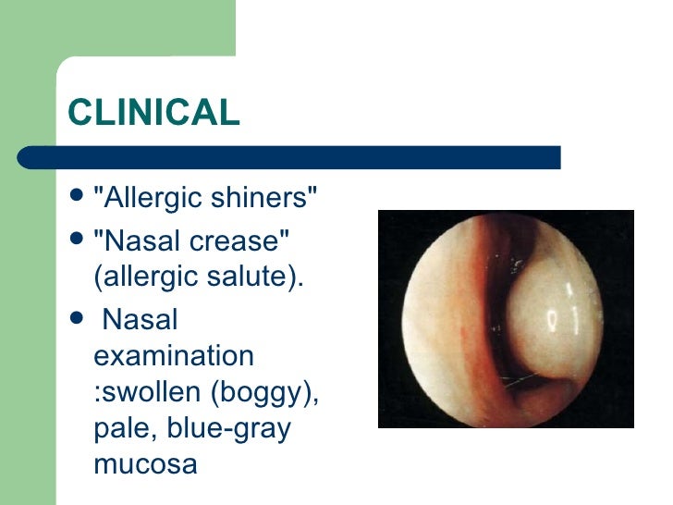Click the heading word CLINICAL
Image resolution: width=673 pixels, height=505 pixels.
(153, 113)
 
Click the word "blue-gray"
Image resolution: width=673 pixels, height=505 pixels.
(231, 428)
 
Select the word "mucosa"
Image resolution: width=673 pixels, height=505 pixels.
(145, 463)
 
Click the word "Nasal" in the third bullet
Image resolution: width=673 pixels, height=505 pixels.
(140, 319)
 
